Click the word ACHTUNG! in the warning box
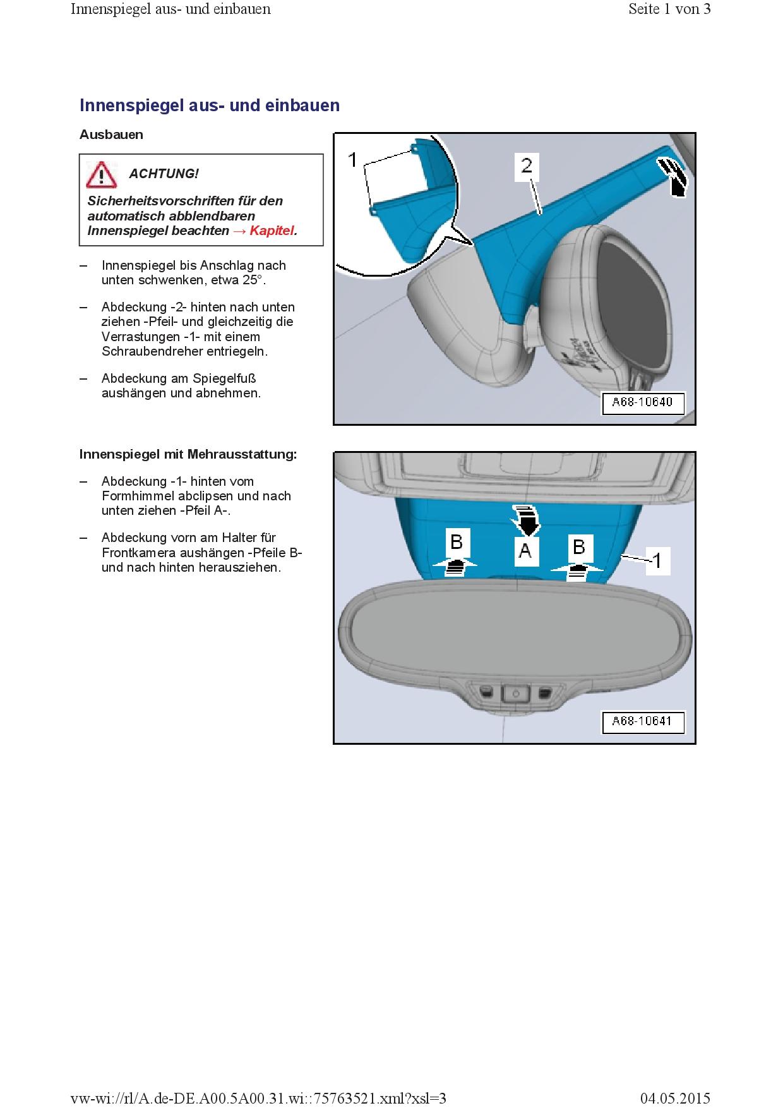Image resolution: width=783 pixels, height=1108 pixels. pos(164,174)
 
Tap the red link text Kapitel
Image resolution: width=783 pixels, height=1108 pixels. pos(273,231)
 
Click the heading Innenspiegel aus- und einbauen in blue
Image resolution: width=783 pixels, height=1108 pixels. pos(210,105)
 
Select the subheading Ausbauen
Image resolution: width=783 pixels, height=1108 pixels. pos(111,135)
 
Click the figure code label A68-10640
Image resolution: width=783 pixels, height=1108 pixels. pos(642,402)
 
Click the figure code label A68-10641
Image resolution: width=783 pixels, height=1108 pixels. pos(642,721)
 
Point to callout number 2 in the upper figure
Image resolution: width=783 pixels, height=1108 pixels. pos(526,166)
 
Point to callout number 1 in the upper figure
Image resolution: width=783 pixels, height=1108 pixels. pos(353,160)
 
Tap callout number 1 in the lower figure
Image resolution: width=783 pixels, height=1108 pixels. pos(657,560)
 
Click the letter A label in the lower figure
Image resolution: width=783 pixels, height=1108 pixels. pos(525,551)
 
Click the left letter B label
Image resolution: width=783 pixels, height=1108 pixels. pos(457,542)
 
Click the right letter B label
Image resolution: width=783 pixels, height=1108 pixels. pos(578,546)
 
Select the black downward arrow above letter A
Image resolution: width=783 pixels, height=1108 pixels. pos(525,519)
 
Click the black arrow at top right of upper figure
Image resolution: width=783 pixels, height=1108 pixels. pos(674,176)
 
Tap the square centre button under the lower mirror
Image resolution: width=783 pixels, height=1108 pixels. pos(515,694)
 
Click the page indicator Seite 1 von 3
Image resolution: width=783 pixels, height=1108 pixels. pos(669,9)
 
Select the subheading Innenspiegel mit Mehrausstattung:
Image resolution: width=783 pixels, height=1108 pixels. pos(188,454)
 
